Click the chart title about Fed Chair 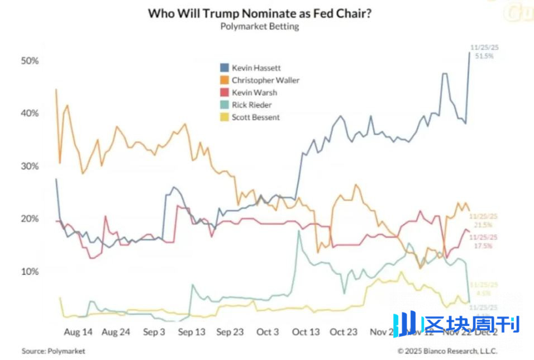(259, 13)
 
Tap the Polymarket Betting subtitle (259, 27)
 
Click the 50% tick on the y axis (30, 60)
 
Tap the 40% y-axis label (30, 113)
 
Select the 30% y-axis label (30, 166)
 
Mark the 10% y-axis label (30, 272)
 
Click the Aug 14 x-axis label (78, 332)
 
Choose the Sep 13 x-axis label (192, 332)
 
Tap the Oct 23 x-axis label (344, 332)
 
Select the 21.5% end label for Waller (484, 225)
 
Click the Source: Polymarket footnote (54, 351)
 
